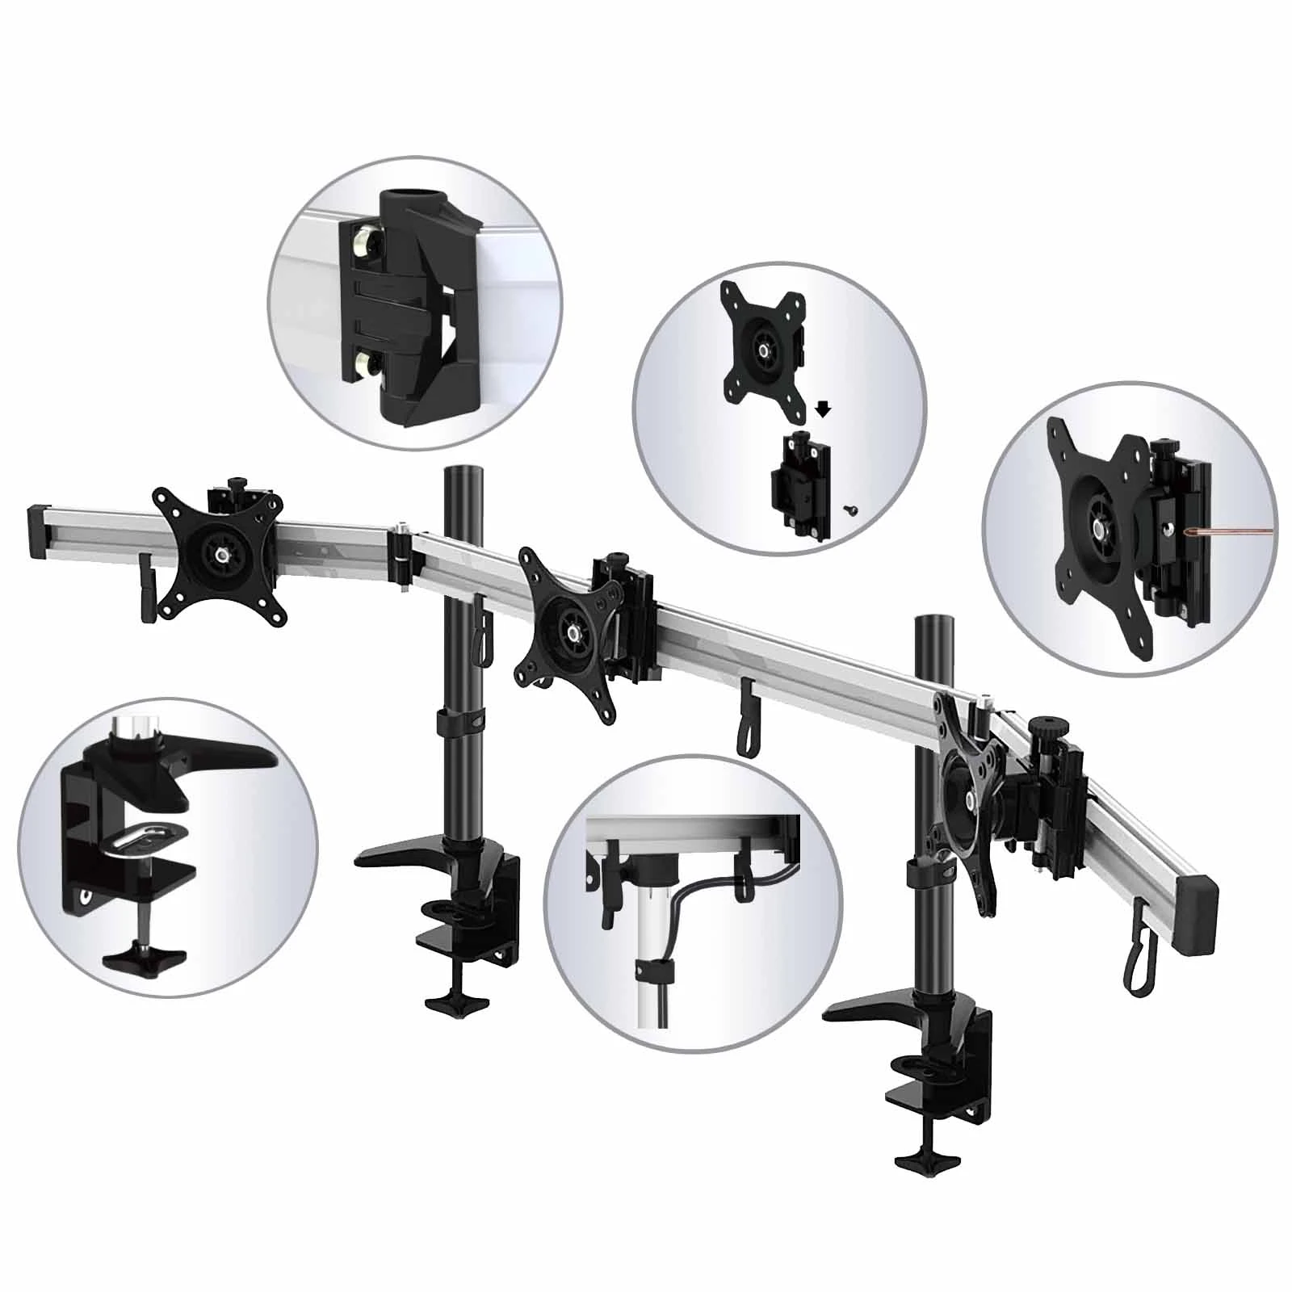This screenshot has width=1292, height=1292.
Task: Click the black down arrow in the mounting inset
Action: point(823,409)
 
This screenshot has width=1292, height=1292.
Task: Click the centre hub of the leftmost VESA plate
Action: point(220,556)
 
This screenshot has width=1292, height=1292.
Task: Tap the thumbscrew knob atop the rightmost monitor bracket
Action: point(1046,724)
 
